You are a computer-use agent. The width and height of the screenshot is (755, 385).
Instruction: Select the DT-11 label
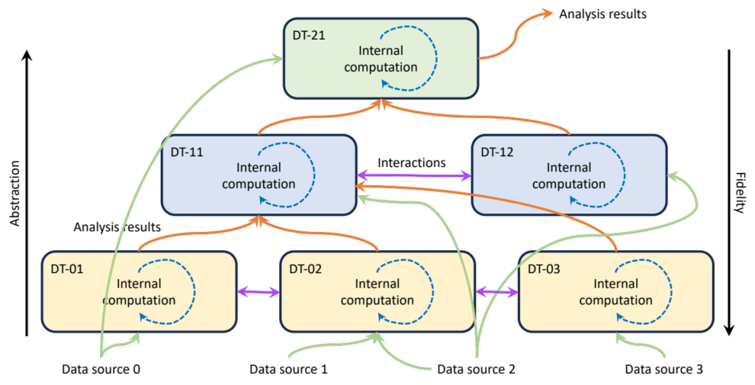coord(186,152)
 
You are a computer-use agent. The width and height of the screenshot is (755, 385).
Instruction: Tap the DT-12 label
coord(496,152)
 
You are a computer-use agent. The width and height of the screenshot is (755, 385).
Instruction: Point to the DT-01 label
coord(67,268)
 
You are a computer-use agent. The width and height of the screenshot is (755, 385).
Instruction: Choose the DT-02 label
coord(305,268)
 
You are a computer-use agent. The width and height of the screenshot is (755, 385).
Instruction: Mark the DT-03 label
coord(544,268)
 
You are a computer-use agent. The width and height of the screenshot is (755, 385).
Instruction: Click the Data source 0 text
coord(101,370)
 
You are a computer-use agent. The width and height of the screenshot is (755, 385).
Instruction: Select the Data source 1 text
coord(288,370)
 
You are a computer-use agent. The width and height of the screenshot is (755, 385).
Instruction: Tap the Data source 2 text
coord(477,370)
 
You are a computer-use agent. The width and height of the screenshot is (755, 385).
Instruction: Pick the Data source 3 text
coord(663,370)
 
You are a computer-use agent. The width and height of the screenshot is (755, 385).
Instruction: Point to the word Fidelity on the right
coord(738,195)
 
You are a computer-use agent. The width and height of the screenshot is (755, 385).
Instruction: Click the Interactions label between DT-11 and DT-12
coord(412,163)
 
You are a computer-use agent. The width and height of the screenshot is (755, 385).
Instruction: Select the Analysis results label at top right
coord(602,14)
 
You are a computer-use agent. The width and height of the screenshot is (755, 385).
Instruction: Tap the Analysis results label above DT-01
coord(117,226)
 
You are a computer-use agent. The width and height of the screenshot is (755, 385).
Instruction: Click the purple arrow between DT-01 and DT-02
coord(258,292)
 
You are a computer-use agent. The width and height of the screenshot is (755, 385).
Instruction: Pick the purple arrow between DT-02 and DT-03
coord(496,292)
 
